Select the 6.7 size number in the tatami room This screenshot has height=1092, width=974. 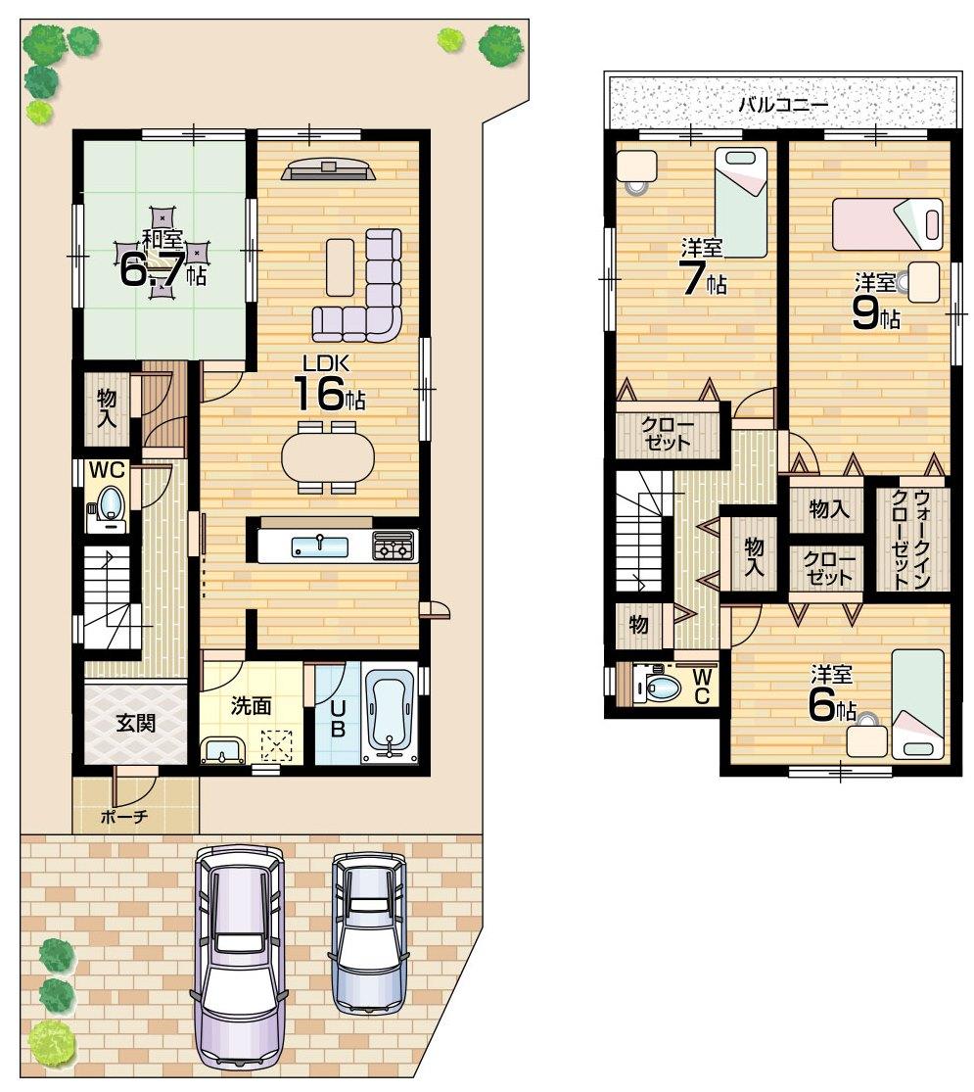coord(152,270)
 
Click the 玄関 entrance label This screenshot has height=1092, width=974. coord(135,724)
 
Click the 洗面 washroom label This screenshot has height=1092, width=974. coord(251,705)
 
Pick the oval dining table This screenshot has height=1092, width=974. coord(327,455)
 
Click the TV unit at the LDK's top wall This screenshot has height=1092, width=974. coord(328,170)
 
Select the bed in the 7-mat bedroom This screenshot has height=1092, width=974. coord(740,202)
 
